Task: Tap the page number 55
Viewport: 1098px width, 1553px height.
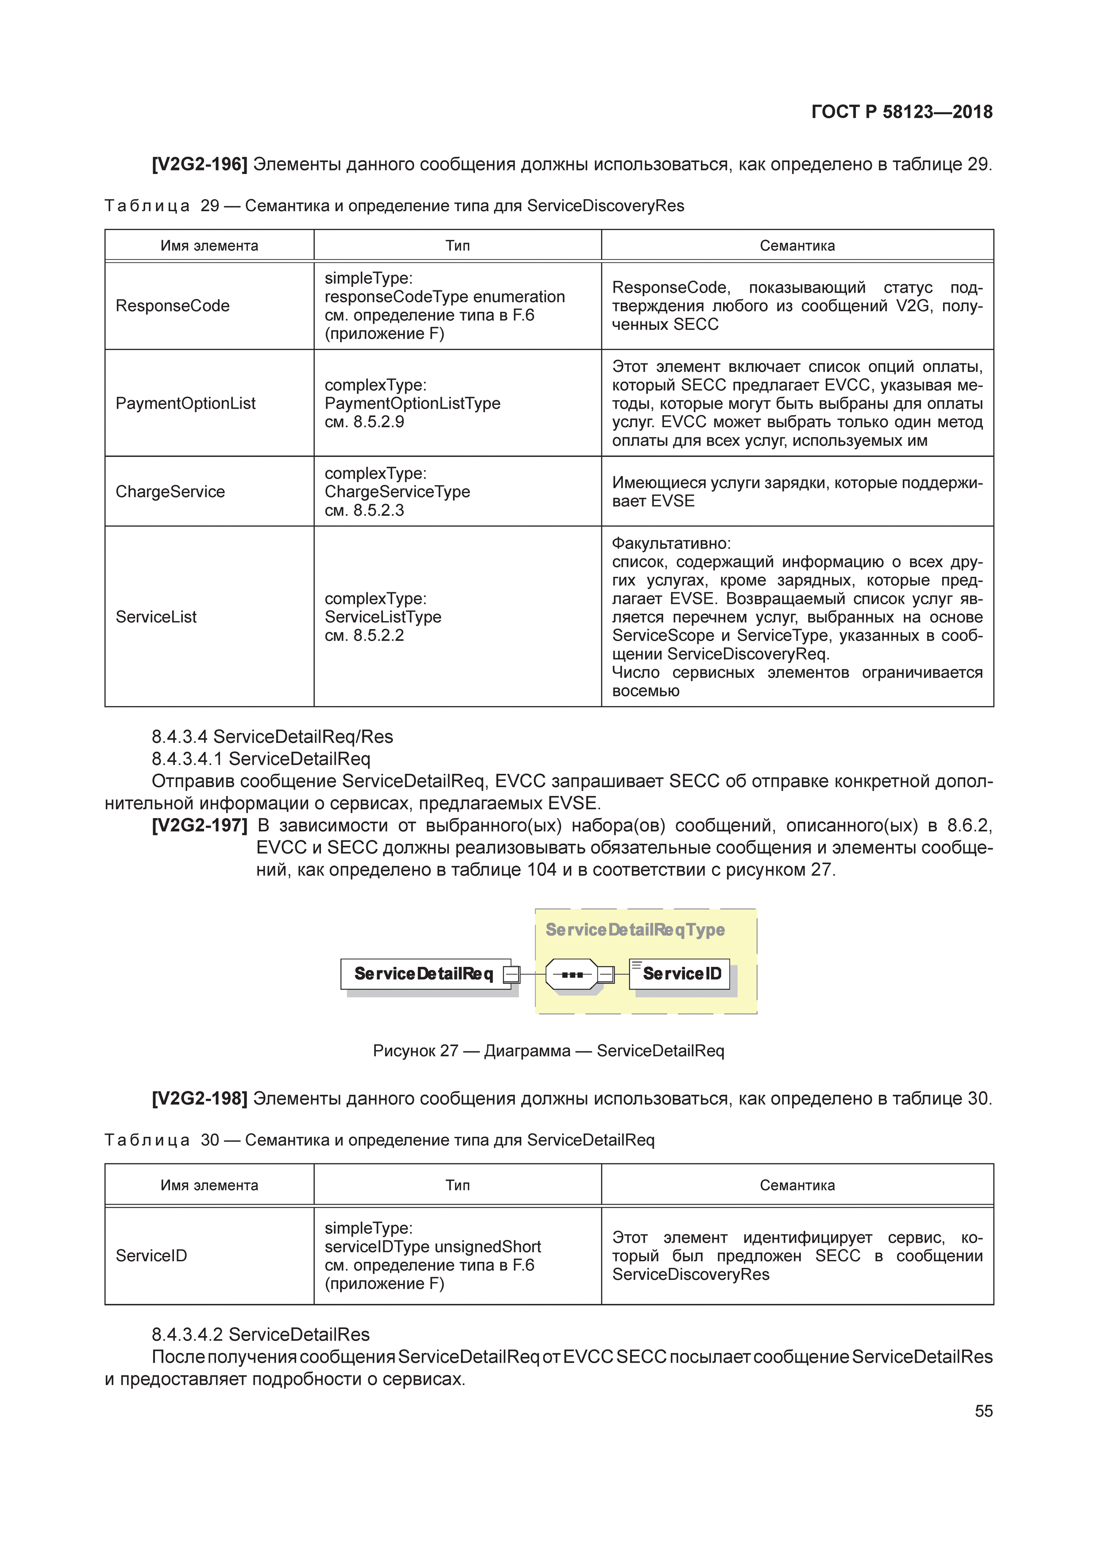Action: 983,1411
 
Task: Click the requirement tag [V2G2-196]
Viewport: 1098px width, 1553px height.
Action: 200,164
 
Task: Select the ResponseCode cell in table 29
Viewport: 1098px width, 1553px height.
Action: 173,306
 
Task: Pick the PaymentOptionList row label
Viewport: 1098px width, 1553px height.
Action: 186,404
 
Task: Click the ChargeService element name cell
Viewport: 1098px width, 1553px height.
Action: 170,492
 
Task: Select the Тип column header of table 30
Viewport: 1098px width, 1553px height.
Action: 457,1185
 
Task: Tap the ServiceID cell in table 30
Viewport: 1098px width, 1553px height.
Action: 151,1256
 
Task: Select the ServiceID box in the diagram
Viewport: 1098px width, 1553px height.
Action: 680,974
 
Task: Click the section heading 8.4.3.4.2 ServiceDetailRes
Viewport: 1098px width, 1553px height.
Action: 260,1334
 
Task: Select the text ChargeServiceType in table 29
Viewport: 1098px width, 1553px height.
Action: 397,492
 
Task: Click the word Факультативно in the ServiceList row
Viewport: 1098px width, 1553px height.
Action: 670,543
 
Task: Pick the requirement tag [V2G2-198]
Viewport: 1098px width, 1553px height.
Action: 200,1098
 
